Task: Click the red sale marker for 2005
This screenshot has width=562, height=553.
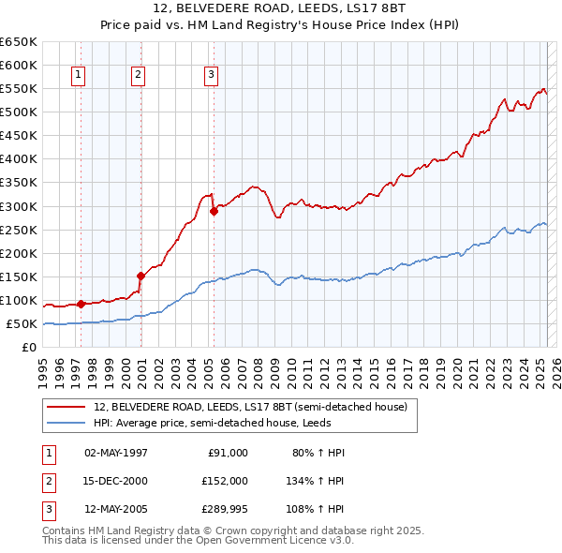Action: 214,211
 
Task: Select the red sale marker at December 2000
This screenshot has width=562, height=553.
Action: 140,276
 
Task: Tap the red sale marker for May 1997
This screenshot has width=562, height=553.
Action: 81,304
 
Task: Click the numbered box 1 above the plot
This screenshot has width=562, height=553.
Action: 78,76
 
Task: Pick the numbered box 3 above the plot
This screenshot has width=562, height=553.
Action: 211,76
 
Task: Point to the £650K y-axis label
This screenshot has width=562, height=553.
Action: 18,42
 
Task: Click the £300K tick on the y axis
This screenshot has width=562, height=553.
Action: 18,206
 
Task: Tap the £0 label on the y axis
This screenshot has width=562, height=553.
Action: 28,348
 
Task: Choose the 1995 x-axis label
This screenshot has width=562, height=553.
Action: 42,371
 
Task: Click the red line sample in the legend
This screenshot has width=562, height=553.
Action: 67,408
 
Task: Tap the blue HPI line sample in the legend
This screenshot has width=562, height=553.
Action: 67,423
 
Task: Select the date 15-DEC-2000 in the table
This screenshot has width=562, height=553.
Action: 116,481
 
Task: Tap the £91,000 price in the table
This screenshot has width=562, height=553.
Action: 228,453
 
